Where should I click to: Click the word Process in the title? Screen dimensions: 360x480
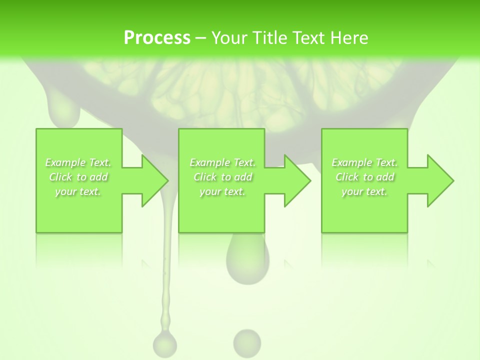click(157, 37)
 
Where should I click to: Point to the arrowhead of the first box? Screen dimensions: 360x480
click(154, 180)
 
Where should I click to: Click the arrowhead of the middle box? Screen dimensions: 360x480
click(297, 180)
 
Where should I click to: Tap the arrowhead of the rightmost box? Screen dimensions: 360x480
click(440, 180)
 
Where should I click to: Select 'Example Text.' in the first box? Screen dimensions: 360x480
click(78, 162)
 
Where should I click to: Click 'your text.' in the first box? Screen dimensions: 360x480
click(78, 191)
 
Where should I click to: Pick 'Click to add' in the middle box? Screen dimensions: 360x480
click(222, 177)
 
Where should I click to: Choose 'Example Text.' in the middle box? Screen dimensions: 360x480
click(222, 162)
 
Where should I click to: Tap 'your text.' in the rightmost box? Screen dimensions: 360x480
click(364, 191)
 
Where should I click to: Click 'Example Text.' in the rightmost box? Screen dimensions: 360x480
click(364, 162)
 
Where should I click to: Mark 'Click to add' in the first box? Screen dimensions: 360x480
click(78, 177)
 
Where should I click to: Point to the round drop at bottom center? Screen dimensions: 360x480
click(247, 342)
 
